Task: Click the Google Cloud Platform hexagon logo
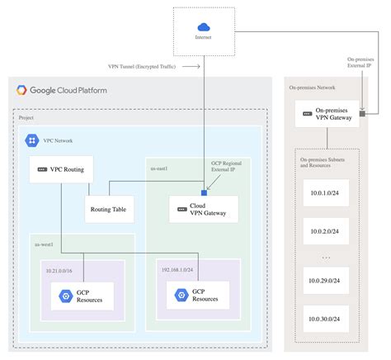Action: [x=21, y=90]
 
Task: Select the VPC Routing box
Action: [x=61, y=169]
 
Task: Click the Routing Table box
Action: [x=110, y=209]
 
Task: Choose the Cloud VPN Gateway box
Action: [x=203, y=210]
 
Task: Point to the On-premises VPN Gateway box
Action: [x=327, y=114]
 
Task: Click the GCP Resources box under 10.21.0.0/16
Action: [x=82, y=295]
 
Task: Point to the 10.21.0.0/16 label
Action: [x=59, y=268]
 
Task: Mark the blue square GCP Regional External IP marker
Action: [x=203, y=180]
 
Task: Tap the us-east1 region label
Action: [x=160, y=168]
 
